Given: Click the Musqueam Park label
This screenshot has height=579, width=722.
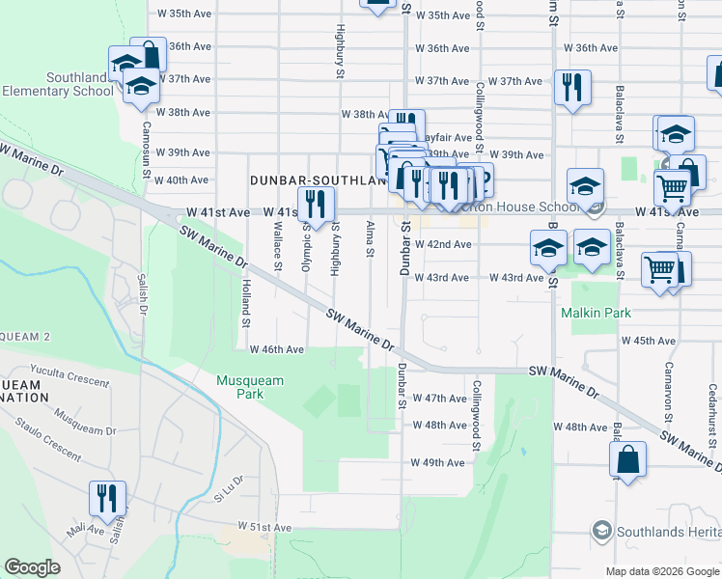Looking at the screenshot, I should pos(250,387).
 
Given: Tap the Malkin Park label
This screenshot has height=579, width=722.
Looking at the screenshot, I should pos(597,314).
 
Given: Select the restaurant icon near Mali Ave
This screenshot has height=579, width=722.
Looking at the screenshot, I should pos(108,498).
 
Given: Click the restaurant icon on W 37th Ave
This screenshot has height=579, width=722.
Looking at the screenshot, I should pos(571,88).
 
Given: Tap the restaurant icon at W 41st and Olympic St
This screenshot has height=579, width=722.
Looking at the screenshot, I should pos(315,203).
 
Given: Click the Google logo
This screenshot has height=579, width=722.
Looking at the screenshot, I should pos(32,567).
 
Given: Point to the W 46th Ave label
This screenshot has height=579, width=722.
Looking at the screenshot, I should pos(277,349).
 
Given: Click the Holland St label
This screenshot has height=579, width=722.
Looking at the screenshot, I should pos(247,298).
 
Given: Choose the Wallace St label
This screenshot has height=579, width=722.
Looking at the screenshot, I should pos(277,248).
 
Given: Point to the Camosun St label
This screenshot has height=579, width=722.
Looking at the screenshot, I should pos(148,135).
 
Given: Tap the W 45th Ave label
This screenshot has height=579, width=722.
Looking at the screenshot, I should pos(648,341).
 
